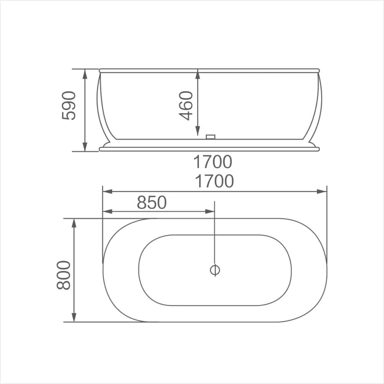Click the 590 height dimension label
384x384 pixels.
click(x=69, y=106)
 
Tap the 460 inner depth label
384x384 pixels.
click(x=186, y=106)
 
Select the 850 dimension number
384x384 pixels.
click(x=152, y=202)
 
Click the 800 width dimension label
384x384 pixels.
click(x=64, y=275)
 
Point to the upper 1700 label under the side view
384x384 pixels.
click(x=213, y=162)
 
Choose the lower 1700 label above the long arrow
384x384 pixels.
click(x=214, y=181)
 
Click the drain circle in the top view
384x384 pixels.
click(x=215, y=270)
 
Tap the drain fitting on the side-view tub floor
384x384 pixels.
click(x=210, y=137)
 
